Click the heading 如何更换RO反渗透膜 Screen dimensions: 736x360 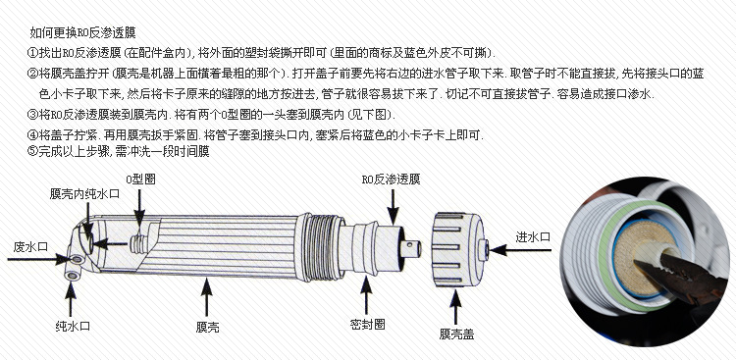coord(82,32)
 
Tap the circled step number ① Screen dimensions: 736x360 coord(32,53)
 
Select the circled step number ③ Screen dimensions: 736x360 coord(32,114)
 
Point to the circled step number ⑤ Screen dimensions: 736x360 coord(32,151)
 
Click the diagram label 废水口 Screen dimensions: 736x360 coord(30,247)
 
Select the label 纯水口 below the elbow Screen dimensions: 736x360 coord(73,327)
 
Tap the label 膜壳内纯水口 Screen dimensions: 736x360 coord(85,194)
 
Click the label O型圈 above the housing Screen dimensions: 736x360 coord(140,179)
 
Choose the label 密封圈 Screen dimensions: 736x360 coord(368,324)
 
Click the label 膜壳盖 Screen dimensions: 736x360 coord(456,334)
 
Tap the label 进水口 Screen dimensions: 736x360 coord(533,237)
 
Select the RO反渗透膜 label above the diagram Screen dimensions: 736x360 coord(391,179)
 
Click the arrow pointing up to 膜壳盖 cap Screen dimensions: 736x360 coord(454,307)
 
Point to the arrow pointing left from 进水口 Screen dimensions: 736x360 coord(520,250)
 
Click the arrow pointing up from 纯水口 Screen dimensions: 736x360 coord(71,299)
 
